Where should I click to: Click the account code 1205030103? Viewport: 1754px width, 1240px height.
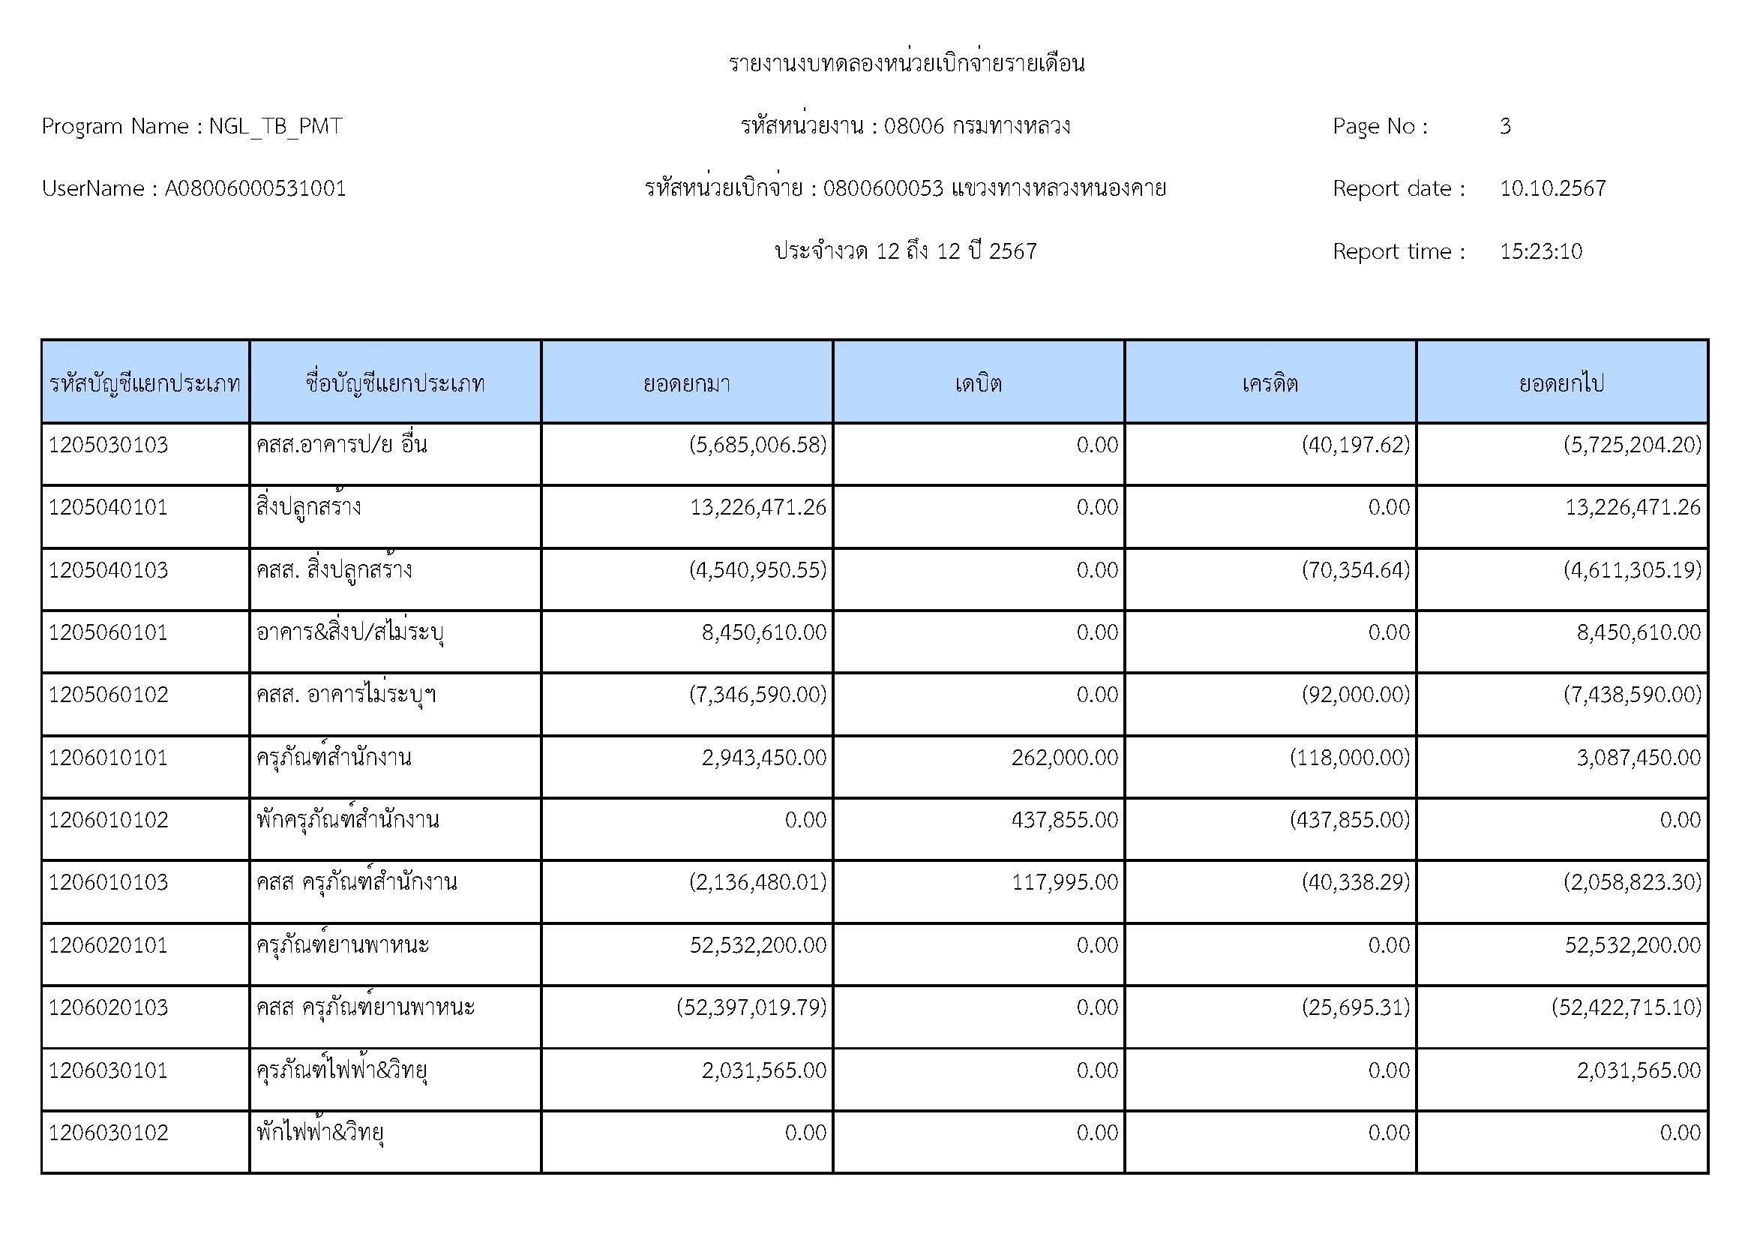(109, 445)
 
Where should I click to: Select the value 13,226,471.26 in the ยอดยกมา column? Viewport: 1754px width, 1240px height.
(758, 507)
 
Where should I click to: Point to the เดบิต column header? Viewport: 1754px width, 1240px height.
(978, 383)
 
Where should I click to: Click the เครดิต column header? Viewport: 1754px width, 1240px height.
(1270, 383)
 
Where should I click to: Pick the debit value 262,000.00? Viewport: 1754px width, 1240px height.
(1064, 758)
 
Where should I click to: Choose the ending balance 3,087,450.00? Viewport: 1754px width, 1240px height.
(1639, 758)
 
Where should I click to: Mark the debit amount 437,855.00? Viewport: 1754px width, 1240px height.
(1064, 821)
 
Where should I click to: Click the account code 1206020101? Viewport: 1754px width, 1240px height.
(109, 945)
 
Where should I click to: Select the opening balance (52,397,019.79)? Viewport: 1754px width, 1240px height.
(751, 1007)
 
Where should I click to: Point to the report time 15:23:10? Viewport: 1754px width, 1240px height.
(1541, 251)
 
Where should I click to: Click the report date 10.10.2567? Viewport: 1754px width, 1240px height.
(1552, 189)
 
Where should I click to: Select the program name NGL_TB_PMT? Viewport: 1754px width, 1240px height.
(275, 126)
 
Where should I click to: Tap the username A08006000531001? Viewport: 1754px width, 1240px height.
(255, 189)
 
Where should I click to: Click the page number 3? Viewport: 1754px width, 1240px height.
(1505, 126)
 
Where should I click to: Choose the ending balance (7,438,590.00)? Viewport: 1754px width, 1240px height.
(1633, 695)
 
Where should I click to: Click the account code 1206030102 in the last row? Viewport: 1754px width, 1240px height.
(109, 1132)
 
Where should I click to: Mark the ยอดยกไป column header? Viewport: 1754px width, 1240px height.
(1561, 383)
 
